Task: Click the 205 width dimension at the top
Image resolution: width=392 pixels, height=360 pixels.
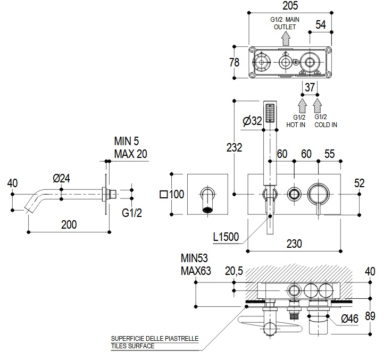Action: [290, 6]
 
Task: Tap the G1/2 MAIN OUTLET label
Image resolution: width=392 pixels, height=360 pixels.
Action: [286, 23]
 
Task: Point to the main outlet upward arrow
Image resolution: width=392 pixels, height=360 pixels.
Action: [286, 37]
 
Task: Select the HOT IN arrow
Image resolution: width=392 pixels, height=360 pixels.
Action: [303, 103]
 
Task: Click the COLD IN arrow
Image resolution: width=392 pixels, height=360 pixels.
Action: [318, 103]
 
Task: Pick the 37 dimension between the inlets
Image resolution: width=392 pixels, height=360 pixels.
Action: [310, 87]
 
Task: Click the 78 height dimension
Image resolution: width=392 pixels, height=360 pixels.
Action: [235, 62]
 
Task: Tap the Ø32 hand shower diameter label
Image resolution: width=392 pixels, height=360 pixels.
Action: [252, 121]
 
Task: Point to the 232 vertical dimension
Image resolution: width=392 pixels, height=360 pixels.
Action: [234, 147]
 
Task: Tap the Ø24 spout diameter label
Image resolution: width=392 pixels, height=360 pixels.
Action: [62, 179]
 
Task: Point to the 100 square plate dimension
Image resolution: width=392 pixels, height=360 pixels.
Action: [172, 194]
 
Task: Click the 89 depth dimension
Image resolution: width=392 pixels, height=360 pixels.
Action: [370, 316]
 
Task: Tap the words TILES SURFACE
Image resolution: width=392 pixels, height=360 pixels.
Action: [132, 346]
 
